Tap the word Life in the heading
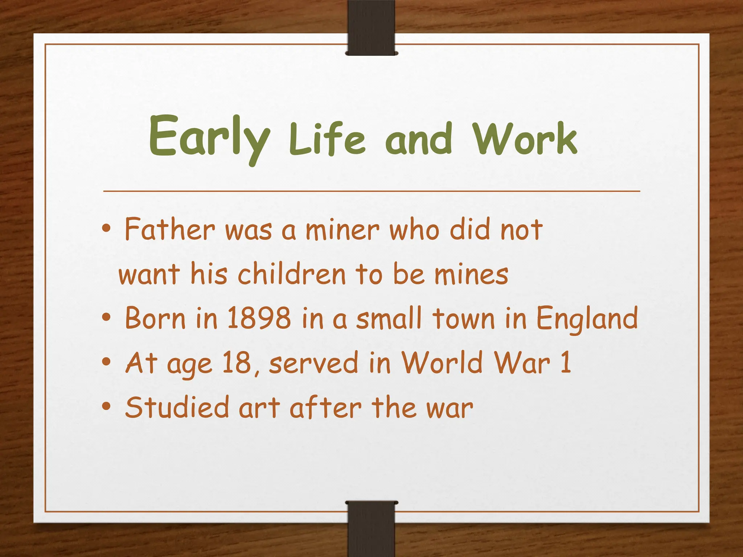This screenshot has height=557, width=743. (x=327, y=140)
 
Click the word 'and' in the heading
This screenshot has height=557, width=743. (x=419, y=140)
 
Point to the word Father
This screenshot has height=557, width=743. (x=170, y=229)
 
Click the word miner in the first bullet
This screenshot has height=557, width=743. (x=342, y=230)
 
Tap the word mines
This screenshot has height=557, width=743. (x=472, y=275)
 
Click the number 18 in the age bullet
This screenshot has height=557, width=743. (x=237, y=362)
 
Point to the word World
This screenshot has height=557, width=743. (x=442, y=362)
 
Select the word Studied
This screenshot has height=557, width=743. (x=177, y=407)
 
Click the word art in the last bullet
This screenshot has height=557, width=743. (x=259, y=408)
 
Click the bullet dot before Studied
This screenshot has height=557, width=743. (x=106, y=406)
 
